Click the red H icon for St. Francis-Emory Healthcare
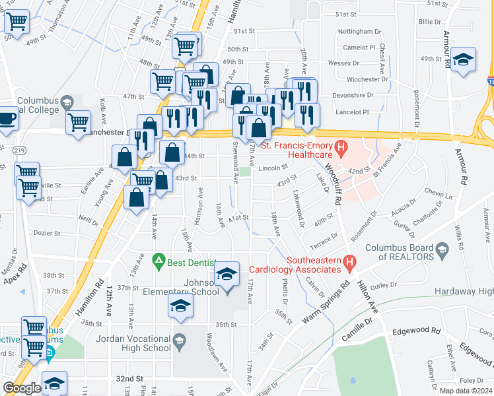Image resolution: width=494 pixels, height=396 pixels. [x=341, y=146]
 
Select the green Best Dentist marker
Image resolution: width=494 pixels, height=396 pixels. [x=158, y=262]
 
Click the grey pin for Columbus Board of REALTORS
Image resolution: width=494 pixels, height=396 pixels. [x=443, y=249]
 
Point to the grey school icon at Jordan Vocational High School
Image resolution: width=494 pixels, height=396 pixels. [x=178, y=341]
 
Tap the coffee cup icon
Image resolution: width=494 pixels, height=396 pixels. [x=7, y=118]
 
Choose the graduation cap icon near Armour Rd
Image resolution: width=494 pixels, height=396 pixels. [x=464, y=61]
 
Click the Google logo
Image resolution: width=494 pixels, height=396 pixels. [x=22, y=388]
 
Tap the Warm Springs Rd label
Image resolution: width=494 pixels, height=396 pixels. [x=326, y=303]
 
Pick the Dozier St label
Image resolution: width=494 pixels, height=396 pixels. [x=47, y=233]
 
